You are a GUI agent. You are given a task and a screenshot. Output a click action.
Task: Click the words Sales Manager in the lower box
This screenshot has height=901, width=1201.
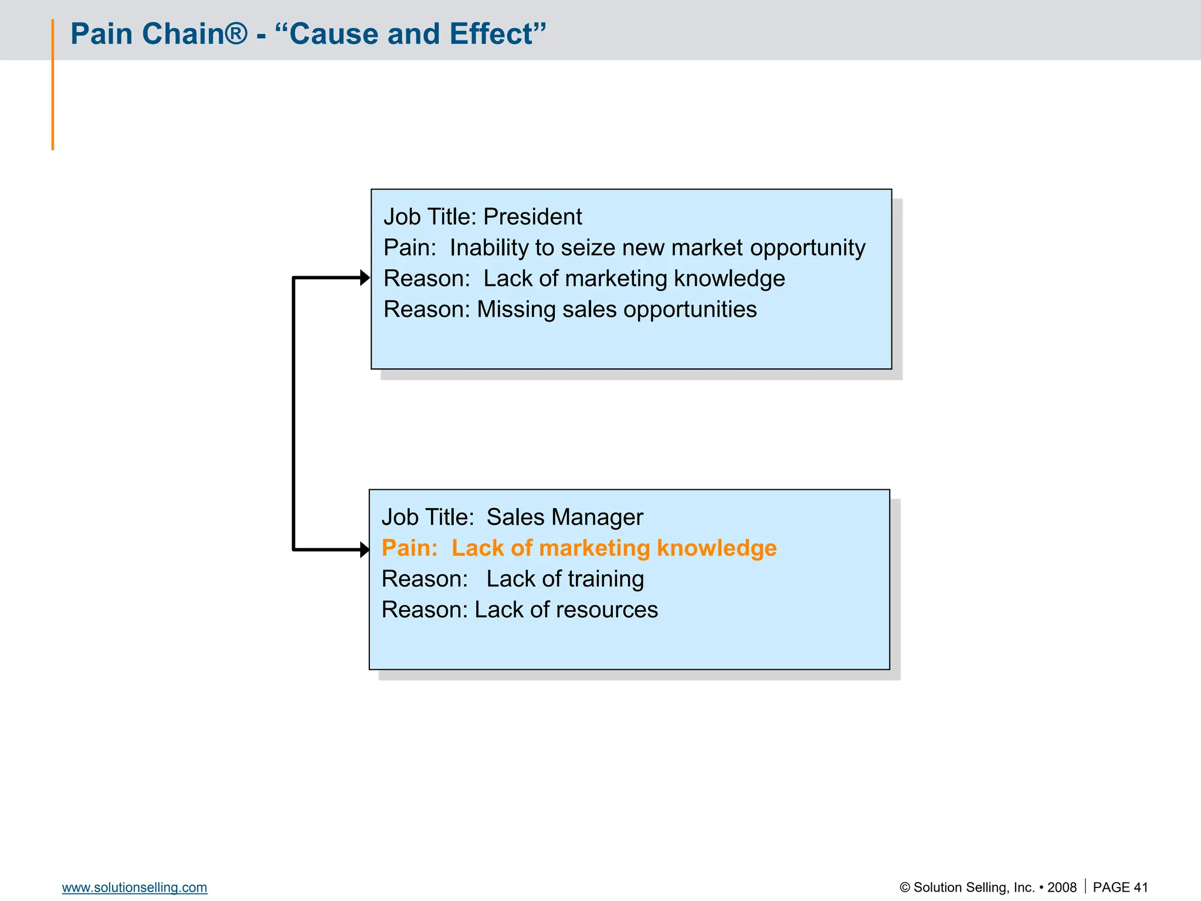point(564,517)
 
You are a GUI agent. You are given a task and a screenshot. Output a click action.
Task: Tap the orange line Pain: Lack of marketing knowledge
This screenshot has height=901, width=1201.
point(579,548)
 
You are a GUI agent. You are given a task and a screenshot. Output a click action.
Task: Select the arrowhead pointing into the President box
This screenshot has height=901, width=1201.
point(365,277)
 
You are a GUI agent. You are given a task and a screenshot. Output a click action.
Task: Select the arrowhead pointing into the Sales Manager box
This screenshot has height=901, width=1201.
point(365,550)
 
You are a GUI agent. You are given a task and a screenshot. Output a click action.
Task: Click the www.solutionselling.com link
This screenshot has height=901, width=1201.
point(134,888)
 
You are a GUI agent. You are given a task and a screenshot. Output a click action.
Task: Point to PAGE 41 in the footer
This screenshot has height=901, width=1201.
point(1120,888)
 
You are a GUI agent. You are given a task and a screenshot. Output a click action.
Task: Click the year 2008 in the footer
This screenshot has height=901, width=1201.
point(1062,888)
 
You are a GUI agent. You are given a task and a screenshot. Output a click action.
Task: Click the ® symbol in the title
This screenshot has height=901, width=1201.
point(237,33)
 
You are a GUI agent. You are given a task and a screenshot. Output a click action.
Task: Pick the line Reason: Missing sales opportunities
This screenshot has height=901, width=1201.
point(570,310)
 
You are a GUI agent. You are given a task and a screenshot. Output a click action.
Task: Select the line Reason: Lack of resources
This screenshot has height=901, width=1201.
point(520,610)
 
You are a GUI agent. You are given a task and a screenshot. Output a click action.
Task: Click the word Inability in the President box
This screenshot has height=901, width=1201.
point(488,248)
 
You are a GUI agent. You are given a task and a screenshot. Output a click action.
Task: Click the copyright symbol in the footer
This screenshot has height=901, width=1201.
point(905,888)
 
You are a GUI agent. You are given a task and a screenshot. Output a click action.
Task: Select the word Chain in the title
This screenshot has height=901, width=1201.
point(183,34)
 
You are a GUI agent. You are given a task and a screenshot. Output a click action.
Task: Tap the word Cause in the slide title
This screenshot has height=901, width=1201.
point(334,34)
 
